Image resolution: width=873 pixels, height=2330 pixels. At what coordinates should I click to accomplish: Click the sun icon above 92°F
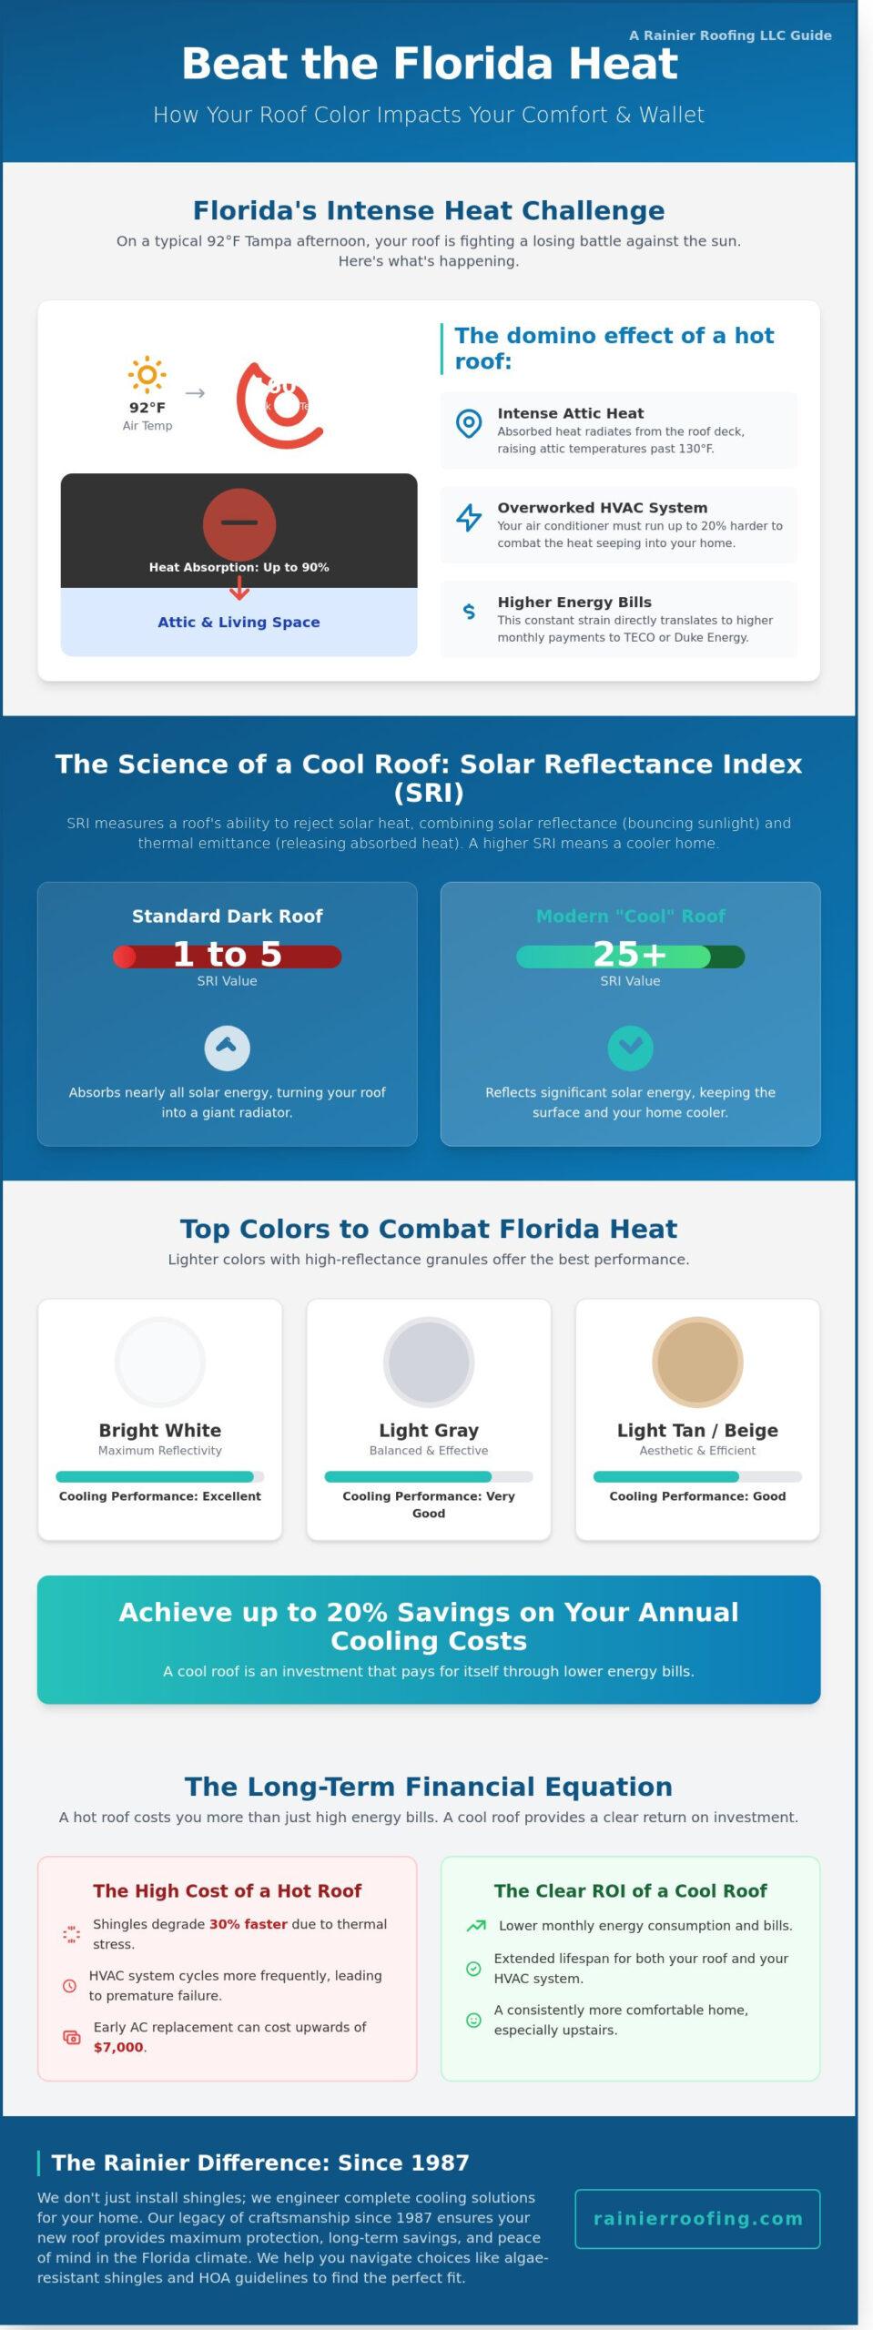pyautogui.click(x=147, y=374)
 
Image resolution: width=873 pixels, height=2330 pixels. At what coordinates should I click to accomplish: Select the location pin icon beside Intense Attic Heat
pyautogui.click(x=468, y=422)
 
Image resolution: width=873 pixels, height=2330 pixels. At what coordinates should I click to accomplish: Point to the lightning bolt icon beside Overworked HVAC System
pyautogui.click(x=468, y=517)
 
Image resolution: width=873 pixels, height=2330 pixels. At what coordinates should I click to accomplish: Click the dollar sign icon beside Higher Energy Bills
pyautogui.click(x=469, y=612)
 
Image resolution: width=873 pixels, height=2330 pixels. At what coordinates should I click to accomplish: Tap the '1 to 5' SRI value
pyautogui.click(x=227, y=955)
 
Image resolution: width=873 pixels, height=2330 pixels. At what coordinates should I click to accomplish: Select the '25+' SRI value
pyautogui.click(x=629, y=955)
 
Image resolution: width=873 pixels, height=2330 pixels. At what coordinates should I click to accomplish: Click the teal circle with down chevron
pyautogui.click(x=630, y=1048)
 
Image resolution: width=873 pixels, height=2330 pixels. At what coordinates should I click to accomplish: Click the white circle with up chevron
pyautogui.click(x=227, y=1048)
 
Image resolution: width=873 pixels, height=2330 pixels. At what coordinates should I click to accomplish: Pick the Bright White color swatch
pyautogui.click(x=160, y=1362)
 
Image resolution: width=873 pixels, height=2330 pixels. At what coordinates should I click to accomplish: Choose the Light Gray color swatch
pyautogui.click(x=428, y=1362)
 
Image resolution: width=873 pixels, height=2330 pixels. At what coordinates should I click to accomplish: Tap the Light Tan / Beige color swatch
pyautogui.click(x=697, y=1362)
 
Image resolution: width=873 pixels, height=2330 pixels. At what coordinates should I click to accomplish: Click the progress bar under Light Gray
pyautogui.click(x=428, y=1476)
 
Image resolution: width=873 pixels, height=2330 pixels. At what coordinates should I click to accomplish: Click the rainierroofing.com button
pyautogui.click(x=697, y=2218)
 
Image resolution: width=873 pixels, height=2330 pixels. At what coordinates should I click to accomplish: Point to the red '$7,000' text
pyautogui.click(x=118, y=2047)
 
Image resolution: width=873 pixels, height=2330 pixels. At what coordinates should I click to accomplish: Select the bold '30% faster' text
pyautogui.click(x=248, y=1924)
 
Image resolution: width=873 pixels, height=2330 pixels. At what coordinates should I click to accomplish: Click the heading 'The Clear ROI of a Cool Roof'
pyautogui.click(x=630, y=1890)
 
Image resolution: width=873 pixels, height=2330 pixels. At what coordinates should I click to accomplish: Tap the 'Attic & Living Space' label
pyautogui.click(x=239, y=622)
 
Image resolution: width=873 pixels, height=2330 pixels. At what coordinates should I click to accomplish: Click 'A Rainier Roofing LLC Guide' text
pyautogui.click(x=730, y=35)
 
